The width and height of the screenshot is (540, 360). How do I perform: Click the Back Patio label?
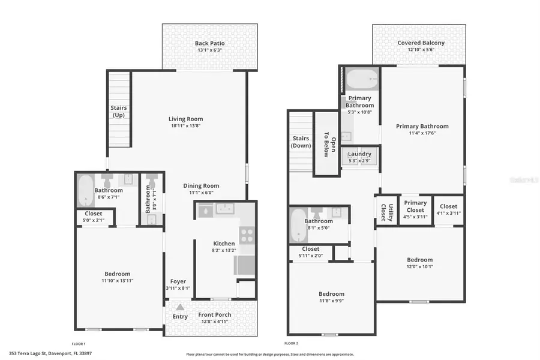pyautogui.click(x=209, y=43)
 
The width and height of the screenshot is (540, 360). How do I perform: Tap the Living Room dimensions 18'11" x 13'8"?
pyautogui.click(x=185, y=127)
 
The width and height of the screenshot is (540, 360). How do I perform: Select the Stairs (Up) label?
pyautogui.click(x=118, y=111)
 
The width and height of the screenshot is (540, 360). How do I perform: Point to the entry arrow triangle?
pyautogui.click(x=179, y=308)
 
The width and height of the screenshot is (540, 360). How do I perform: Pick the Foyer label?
pyautogui.click(x=178, y=281)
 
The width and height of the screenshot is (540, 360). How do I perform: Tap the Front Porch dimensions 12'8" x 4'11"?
pyautogui.click(x=215, y=323)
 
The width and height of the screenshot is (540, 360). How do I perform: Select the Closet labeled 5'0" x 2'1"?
pyautogui.click(x=93, y=214)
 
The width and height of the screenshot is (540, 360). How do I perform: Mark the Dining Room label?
pyautogui.click(x=201, y=186)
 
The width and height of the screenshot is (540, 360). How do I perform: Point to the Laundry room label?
pyautogui.click(x=359, y=154)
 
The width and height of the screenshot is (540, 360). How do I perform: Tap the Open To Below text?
pyautogui.click(x=326, y=144)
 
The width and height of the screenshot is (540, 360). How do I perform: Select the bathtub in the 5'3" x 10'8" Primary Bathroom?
pyautogui.click(x=363, y=79)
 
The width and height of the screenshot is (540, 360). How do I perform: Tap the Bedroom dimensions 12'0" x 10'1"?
pyautogui.click(x=419, y=267)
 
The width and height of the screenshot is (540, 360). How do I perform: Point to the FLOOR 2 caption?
pyautogui.click(x=291, y=343)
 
